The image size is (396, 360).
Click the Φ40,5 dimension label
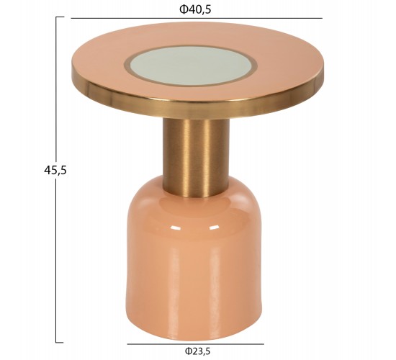tap(195, 9)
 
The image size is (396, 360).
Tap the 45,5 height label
tap(55, 170)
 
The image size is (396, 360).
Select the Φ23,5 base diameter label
tap(197, 351)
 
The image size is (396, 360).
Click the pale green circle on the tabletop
tap(192, 66)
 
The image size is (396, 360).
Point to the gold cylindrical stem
tap(196, 157)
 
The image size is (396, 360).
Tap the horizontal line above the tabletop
tap(197, 18)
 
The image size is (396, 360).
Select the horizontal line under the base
tap(195, 344)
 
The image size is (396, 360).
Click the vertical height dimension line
tap(56, 180)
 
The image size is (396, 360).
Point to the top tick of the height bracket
tap(60, 17)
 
